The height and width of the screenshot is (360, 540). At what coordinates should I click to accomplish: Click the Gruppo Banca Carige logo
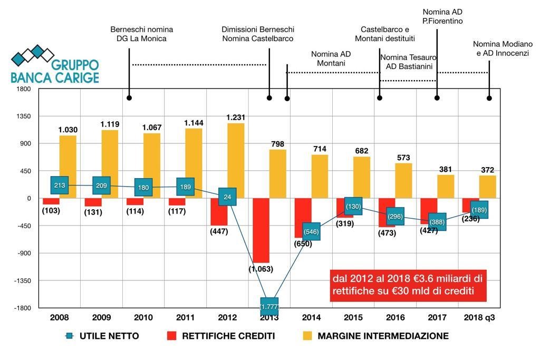tap(55, 65)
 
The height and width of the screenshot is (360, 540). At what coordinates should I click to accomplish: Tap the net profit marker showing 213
tap(59, 186)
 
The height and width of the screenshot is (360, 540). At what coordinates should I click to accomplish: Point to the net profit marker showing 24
tap(227, 197)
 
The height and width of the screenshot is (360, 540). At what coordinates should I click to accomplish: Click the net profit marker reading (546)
tap(312, 231)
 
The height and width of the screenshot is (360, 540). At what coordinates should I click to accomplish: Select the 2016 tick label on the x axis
tap(396, 317)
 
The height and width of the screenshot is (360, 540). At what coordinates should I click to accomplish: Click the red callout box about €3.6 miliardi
tap(408, 285)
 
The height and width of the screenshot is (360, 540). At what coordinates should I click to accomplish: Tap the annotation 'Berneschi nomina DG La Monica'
tap(141, 34)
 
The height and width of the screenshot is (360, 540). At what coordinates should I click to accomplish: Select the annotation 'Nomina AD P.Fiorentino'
tap(442, 16)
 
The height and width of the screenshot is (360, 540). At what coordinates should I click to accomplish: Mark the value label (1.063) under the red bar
tap(261, 269)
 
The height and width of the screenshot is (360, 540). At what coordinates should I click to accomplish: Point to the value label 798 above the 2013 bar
tap(277, 144)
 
